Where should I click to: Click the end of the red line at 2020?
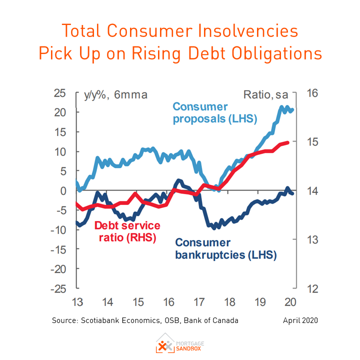288,142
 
